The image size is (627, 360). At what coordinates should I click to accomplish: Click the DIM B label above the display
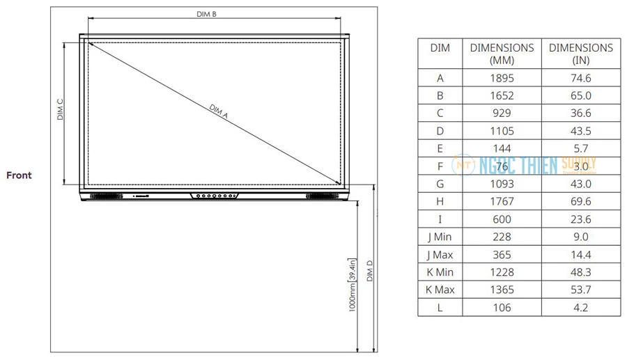click(x=206, y=14)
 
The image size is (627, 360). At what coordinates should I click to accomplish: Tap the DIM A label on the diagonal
click(x=219, y=111)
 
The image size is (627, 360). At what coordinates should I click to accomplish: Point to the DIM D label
click(x=370, y=271)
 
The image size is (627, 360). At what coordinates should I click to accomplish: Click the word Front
click(x=20, y=175)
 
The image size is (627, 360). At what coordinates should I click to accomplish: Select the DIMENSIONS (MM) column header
click(x=502, y=54)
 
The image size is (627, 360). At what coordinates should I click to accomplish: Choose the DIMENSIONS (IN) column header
click(x=580, y=54)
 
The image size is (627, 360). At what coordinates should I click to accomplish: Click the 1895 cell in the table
click(x=502, y=78)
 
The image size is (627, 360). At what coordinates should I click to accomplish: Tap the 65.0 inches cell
click(x=580, y=95)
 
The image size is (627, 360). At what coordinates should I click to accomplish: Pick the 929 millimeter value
click(x=502, y=113)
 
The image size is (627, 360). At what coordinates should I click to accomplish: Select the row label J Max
click(x=440, y=254)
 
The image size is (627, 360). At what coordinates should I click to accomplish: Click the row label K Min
click(x=440, y=272)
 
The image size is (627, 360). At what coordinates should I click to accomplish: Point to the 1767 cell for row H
click(x=502, y=201)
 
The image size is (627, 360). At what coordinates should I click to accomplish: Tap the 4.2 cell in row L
click(x=580, y=307)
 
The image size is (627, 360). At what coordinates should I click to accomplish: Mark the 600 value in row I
click(x=502, y=219)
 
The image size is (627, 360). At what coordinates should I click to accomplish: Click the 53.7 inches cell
click(x=580, y=289)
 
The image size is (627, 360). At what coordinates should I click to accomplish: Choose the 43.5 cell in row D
click(x=580, y=130)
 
